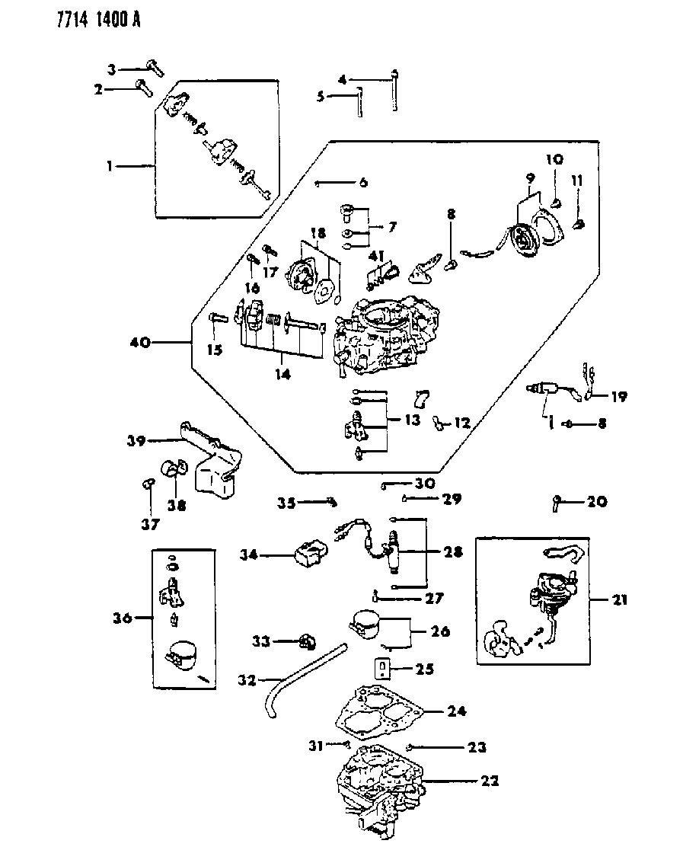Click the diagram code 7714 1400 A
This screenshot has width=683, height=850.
click(74, 18)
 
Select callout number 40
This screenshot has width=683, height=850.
click(140, 344)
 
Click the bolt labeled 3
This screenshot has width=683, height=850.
click(155, 68)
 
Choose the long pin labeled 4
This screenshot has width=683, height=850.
click(394, 91)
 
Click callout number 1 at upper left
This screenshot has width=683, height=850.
click(111, 165)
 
